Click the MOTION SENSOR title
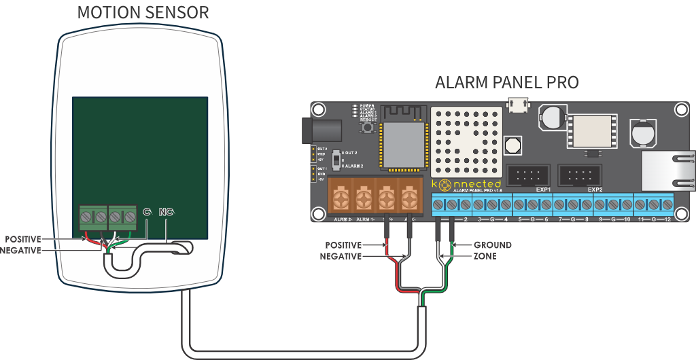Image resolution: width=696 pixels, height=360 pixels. click(143, 13)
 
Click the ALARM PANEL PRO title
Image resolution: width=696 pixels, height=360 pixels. click(506, 83)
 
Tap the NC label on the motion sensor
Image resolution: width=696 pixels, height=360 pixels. click(167, 213)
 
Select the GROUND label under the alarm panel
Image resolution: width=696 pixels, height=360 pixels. click(493, 245)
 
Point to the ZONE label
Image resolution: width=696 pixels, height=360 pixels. click(485, 256)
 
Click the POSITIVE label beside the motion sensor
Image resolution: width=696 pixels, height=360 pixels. click(23, 239)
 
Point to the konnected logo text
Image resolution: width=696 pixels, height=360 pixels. click(469, 184)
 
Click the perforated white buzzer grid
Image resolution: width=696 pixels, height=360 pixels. click(466, 140)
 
